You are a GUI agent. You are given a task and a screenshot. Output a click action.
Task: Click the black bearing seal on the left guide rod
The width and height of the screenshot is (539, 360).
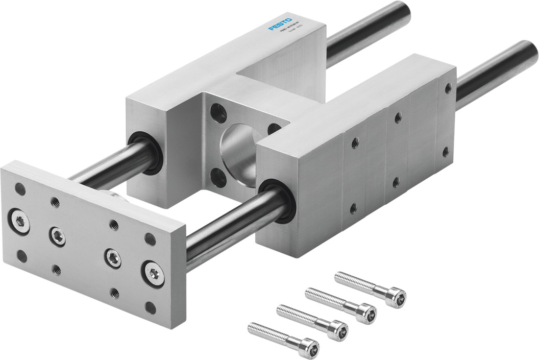pos(146,152)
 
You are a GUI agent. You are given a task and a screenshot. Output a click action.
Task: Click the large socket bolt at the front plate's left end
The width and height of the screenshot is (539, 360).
pos(19,221)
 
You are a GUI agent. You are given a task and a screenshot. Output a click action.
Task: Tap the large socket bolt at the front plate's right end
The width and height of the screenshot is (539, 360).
pos(153,273)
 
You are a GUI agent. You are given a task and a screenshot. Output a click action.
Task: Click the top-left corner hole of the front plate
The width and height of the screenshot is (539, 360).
pos(20,189)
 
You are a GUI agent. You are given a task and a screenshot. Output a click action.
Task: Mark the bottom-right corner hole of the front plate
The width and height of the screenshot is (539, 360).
pos(151,307)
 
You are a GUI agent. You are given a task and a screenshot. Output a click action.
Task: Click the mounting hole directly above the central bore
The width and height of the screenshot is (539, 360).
pos(218,112)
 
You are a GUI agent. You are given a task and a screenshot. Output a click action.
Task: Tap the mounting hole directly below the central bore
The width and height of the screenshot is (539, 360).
pos(218,178)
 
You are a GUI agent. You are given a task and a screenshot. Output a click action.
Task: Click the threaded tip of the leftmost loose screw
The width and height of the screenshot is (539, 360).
pos(252,327)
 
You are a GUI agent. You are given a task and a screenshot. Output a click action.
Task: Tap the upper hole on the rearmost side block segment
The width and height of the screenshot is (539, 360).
pos(448,88)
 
